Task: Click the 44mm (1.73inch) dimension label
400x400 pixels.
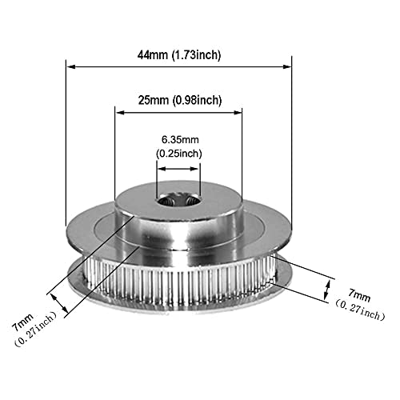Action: pyautogui.click(x=179, y=55)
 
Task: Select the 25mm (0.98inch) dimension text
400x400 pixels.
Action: pyautogui.click(x=180, y=101)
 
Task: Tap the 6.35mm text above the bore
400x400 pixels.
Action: pyautogui.click(x=180, y=139)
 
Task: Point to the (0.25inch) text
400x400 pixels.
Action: pyautogui.click(x=179, y=154)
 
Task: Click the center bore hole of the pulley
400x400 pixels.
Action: pyautogui.click(x=178, y=200)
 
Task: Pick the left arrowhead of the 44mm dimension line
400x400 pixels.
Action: pyautogui.click(x=70, y=66)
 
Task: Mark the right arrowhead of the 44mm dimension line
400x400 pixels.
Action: pyautogui.click(x=287, y=66)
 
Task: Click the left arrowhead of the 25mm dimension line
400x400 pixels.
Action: pyautogui.click(x=119, y=113)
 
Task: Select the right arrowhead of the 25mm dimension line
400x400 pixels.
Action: pyautogui.click(x=238, y=113)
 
